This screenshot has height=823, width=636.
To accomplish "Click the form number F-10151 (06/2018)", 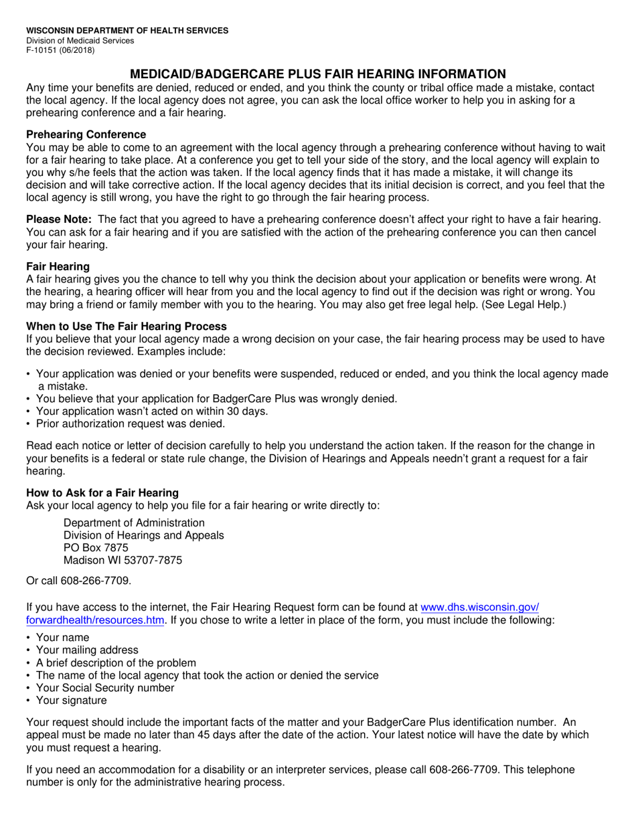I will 60,50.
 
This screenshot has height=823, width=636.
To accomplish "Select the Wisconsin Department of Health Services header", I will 127,31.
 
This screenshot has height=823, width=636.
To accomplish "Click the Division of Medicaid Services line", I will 80,41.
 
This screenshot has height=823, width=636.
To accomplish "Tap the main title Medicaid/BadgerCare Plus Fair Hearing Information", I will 317,74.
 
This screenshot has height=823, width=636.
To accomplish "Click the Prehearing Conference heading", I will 86,134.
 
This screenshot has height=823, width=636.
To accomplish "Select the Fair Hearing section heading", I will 58,266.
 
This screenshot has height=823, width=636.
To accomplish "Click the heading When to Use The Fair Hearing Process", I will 126,327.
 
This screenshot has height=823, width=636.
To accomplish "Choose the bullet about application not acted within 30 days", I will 151,411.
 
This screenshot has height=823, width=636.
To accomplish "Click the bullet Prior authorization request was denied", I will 130,424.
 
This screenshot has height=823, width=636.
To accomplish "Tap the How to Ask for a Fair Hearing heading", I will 102,493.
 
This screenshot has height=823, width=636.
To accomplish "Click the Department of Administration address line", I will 134,523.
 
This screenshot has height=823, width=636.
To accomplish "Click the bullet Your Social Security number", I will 104,688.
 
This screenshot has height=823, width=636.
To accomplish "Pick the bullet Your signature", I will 71,701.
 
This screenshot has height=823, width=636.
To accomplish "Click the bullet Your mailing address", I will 87,650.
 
